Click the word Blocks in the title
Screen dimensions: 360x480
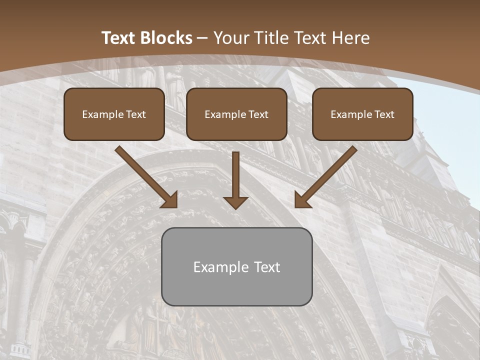point(167,38)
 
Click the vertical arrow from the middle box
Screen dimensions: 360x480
point(235,175)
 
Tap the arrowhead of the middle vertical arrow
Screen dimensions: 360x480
point(235,202)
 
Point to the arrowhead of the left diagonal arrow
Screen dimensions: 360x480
point(170,200)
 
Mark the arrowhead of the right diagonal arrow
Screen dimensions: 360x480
point(302,200)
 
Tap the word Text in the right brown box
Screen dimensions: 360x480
point(384,114)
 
